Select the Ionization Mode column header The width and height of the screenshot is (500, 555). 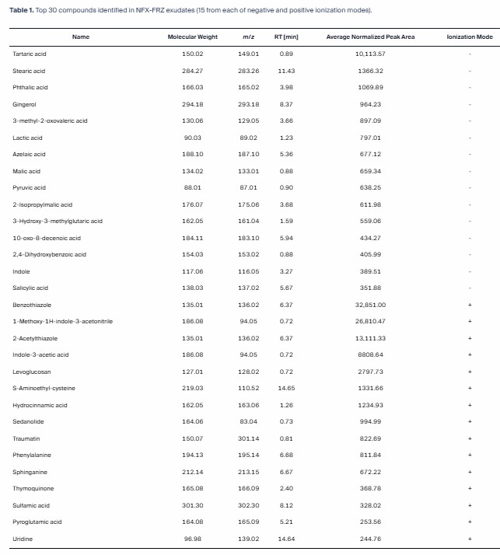tap(470, 37)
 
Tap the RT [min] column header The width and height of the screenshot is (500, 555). tap(286, 37)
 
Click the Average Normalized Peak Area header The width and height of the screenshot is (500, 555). tap(370, 37)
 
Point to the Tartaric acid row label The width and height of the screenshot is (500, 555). tap(28, 54)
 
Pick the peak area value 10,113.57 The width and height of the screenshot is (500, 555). tap(370, 54)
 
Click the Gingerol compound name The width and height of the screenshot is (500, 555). tap(24, 104)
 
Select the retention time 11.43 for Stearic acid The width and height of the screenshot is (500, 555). tap(286, 71)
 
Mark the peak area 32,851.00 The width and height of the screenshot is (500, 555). tap(370, 305)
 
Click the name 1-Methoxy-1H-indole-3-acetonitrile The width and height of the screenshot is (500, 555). tap(52, 322)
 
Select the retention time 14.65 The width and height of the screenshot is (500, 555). tap(286, 388)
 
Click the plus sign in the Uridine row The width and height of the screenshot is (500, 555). tap(470, 539)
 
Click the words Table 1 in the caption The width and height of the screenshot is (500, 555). tap(22, 10)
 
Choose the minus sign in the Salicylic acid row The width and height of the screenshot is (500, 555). tap(470, 288)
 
